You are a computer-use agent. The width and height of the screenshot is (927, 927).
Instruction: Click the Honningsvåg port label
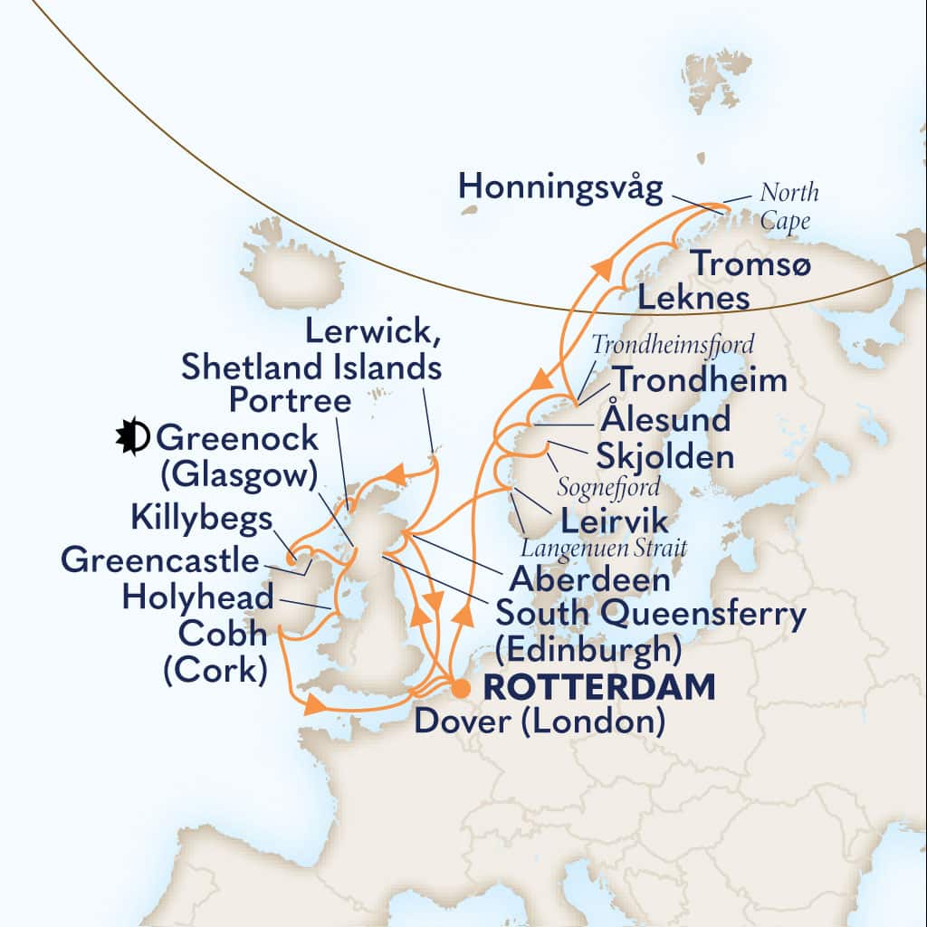[560, 187]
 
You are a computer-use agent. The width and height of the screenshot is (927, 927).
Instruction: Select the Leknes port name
[695, 297]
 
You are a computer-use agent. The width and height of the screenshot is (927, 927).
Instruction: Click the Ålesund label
[664, 420]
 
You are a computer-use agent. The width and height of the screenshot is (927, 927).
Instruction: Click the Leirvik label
[615, 521]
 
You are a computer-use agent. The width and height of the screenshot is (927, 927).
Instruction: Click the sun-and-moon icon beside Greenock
[131, 439]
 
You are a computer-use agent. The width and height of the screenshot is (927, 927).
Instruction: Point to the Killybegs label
[202, 520]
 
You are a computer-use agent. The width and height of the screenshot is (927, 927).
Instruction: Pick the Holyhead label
[197, 597]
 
